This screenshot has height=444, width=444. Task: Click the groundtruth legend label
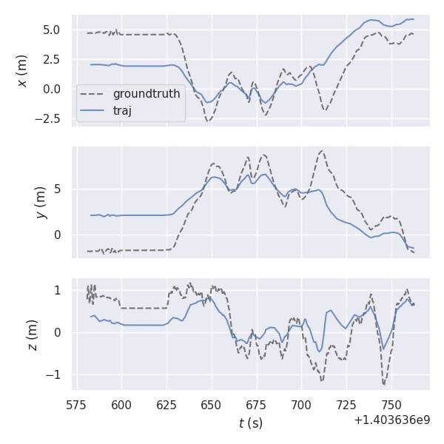coord(146,95)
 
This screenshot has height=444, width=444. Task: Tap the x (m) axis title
coord(22,70)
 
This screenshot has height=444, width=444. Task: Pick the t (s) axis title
coord(250,423)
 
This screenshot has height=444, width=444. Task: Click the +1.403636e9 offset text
coord(391,420)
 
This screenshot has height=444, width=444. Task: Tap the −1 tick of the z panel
coord(58,374)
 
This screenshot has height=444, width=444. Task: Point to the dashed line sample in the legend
coord(94,95)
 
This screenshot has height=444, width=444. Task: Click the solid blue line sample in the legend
coord(94,111)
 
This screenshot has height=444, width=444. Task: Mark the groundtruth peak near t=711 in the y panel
coord(320,151)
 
